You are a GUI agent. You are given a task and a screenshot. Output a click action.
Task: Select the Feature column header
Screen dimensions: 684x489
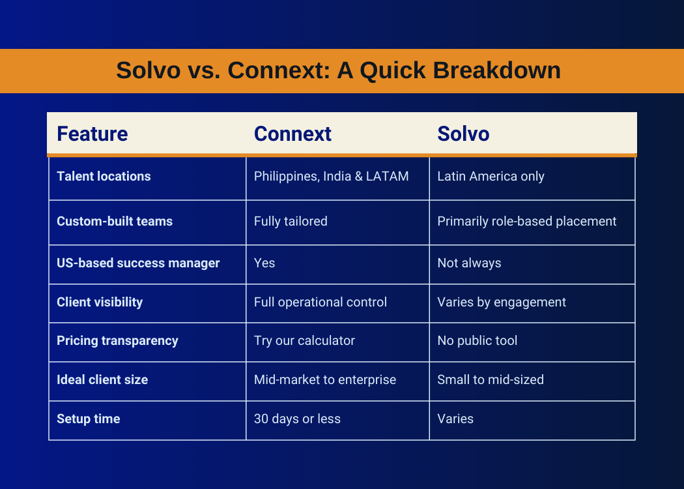(92, 134)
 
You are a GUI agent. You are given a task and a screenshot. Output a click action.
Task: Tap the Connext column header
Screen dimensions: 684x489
(292, 134)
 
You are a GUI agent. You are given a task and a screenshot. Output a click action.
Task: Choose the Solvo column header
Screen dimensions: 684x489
(463, 134)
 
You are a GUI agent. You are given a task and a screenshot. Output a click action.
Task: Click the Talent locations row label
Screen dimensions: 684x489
(104, 176)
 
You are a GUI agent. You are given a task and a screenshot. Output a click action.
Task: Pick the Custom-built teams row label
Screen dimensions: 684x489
(115, 221)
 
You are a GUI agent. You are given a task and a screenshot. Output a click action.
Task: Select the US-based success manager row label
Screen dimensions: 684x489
(138, 263)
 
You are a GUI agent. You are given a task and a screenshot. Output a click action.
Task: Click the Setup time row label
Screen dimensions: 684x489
(89, 419)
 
